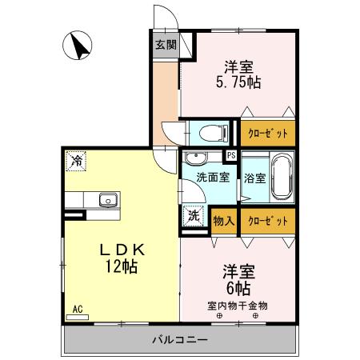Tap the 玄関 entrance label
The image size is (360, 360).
(165, 45)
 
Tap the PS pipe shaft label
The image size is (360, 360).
(231, 155)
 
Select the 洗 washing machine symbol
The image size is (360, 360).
(194, 215)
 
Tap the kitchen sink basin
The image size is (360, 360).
(106, 200)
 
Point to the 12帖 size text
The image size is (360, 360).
(119, 266)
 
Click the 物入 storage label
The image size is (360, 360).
(223, 218)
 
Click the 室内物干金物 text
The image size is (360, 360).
(238, 305)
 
